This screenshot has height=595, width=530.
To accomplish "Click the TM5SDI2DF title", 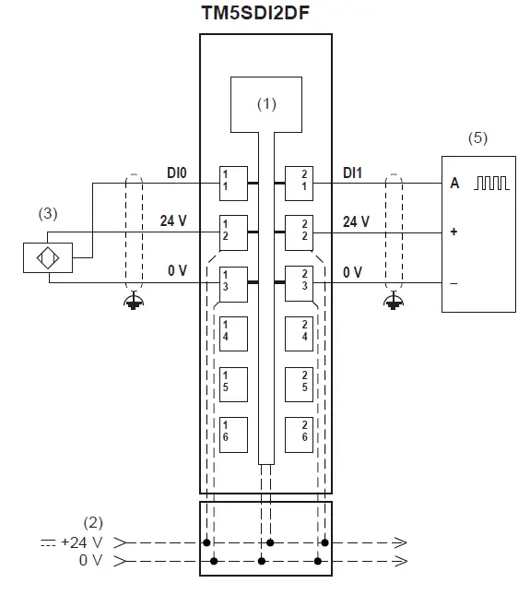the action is click(255, 13).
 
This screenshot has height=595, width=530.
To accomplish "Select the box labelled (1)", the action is click(266, 105).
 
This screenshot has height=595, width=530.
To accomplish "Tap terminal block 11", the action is click(233, 184).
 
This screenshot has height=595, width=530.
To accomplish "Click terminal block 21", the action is click(299, 184).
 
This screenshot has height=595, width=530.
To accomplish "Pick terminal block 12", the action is click(233, 233).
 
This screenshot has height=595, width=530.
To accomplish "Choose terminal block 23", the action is click(299, 283).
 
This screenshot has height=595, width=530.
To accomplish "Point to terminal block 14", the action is click(233, 334).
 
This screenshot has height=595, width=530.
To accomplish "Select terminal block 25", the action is click(299, 385).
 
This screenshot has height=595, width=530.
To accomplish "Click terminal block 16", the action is click(233, 434).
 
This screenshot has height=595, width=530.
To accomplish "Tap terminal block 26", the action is click(299, 434).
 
